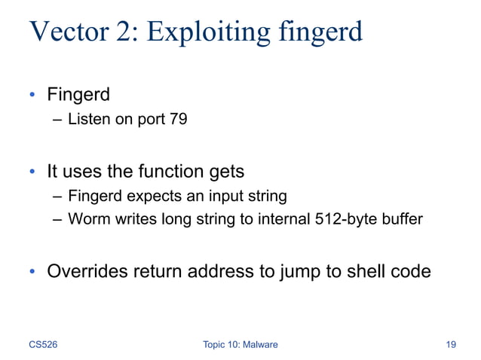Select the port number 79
tap(177, 119)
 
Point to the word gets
tap(223, 172)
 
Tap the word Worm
tap(86, 220)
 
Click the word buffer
tap(400, 220)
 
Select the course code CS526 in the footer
tap(44, 344)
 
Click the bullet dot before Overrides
tap(33, 272)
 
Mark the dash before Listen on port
tap(58, 119)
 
